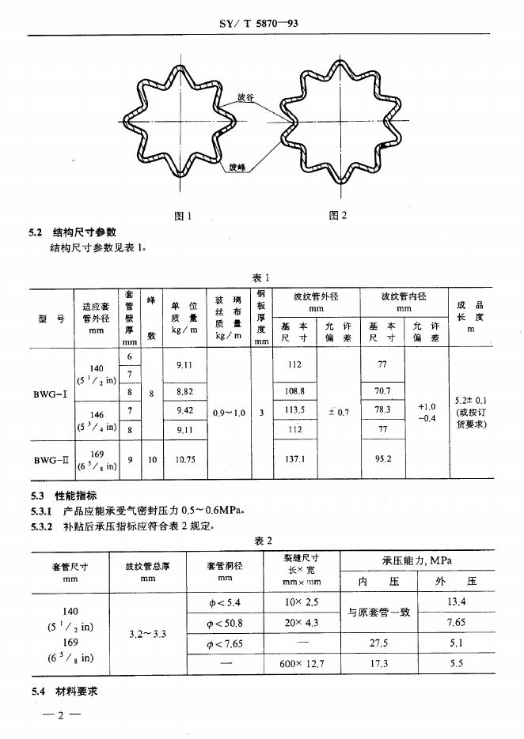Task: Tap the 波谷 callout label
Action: pos(246,98)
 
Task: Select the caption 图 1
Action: pos(183,216)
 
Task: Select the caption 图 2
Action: pos(337,216)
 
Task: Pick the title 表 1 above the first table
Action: pos(261,277)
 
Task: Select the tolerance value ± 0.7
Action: pos(338,412)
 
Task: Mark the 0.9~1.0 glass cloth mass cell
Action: pos(230,413)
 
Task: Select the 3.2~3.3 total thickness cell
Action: pos(147,634)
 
